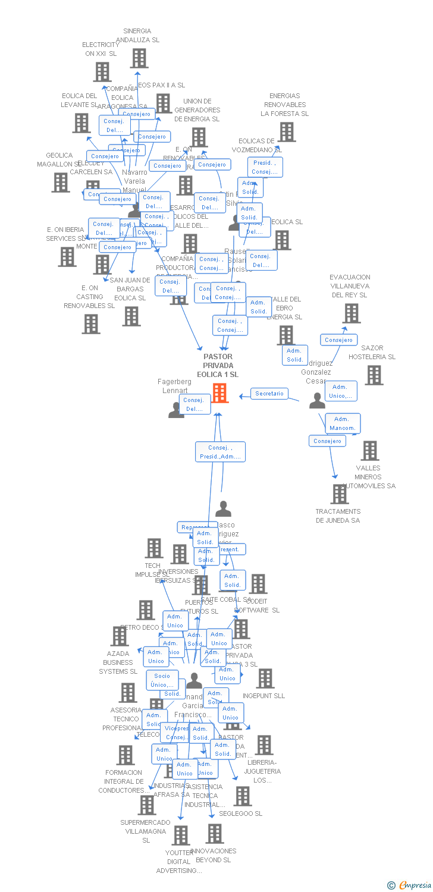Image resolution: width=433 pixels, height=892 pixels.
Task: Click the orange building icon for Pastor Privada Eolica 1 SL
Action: tap(219, 392)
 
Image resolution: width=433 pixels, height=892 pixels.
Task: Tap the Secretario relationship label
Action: tap(269, 394)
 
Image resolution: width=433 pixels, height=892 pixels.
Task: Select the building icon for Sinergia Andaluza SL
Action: tap(139, 58)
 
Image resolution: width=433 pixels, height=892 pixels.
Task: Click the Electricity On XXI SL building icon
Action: tap(102, 72)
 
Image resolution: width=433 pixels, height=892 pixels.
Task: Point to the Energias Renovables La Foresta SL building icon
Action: tap(287, 132)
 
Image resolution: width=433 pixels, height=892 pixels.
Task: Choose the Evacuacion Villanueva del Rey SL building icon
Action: tap(352, 313)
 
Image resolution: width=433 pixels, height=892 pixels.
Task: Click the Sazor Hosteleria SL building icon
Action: tap(374, 375)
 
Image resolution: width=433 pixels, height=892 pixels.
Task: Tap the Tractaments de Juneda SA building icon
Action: tap(340, 494)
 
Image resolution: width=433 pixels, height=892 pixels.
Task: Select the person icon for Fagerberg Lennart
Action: tap(176, 410)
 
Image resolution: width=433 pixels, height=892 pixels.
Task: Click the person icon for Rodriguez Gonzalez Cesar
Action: tap(317, 401)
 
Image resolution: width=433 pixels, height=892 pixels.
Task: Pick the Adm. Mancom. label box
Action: tap(342, 423)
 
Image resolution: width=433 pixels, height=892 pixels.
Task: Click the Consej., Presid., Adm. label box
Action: tap(220, 452)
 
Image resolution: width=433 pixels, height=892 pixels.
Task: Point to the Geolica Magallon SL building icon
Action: tap(61, 183)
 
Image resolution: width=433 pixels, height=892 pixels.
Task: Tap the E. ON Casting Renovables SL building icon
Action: tap(91, 324)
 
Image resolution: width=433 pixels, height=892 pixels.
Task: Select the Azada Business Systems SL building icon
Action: tap(120, 636)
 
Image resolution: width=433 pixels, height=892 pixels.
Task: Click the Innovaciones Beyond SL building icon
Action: tap(215, 834)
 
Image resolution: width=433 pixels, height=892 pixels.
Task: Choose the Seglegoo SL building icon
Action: tap(243, 796)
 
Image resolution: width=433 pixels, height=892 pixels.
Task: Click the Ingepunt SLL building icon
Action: tap(265, 679)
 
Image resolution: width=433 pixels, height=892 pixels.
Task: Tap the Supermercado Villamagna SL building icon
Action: tap(146, 805)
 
